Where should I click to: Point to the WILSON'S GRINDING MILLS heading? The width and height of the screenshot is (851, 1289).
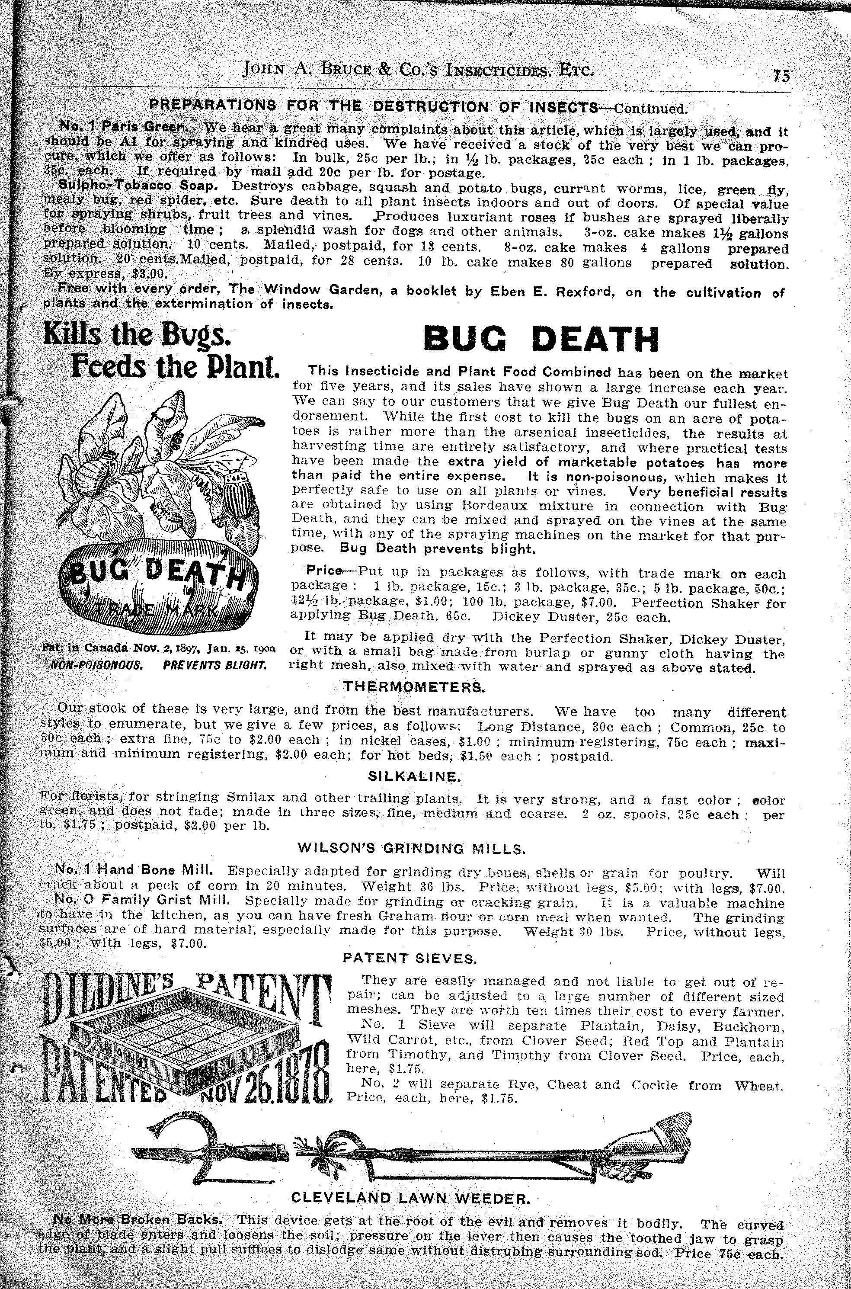pos(411,849)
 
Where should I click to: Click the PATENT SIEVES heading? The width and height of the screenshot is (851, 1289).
pos(410,959)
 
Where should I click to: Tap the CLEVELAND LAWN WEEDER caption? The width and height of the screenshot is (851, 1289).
pos(410,1197)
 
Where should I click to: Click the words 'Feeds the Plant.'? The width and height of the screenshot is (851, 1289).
pos(175,369)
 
